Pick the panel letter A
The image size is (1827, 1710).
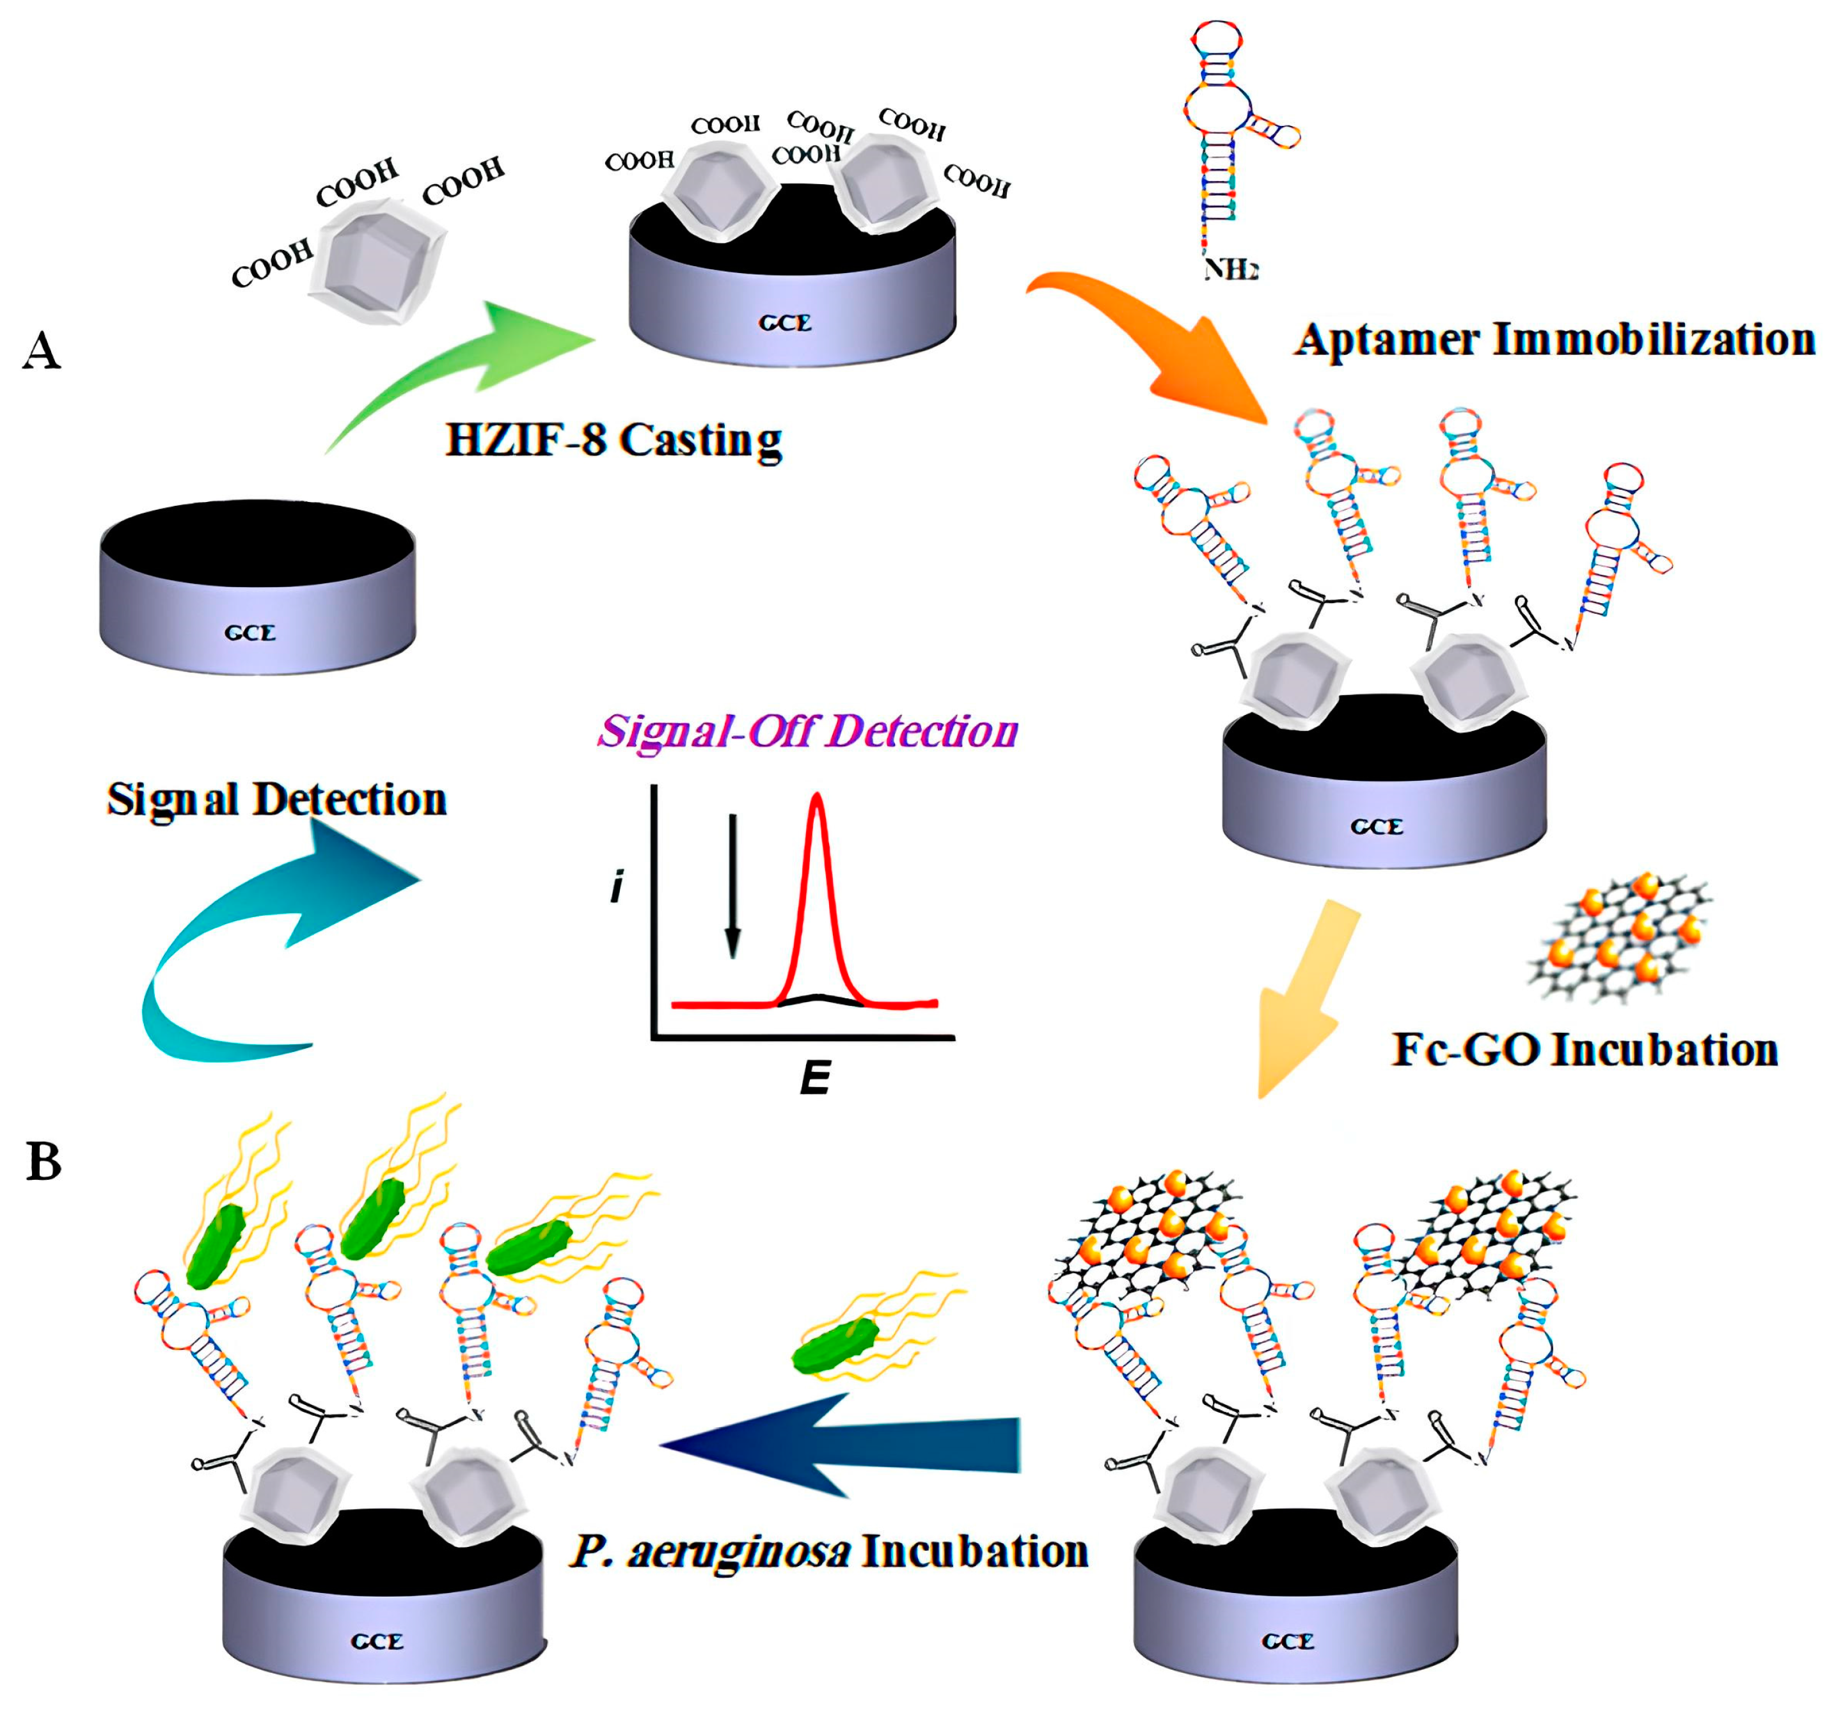point(42,351)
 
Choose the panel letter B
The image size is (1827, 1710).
point(43,1163)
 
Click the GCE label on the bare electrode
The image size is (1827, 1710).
point(250,633)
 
